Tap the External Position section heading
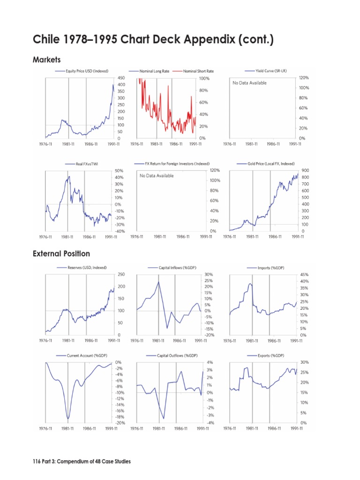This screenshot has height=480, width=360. (61, 254)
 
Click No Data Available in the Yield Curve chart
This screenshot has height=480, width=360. (249, 83)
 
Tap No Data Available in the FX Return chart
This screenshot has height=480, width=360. (157, 176)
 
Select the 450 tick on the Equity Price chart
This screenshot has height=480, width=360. (121, 77)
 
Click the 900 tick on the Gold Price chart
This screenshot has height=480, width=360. (305, 171)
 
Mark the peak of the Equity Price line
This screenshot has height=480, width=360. (113, 85)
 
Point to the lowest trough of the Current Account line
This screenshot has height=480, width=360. (68, 418)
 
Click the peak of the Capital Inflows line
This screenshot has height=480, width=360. (158, 281)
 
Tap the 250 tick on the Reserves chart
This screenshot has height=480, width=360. (121, 274)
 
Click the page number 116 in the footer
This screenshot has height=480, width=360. (37, 462)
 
